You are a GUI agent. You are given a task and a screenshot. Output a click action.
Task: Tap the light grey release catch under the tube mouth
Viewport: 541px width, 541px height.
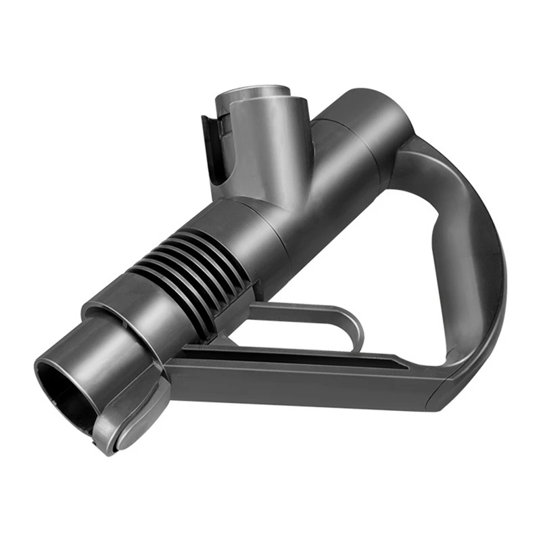pyautogui.click(x=128, y=419)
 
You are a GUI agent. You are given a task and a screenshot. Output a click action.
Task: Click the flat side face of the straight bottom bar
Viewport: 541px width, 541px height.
pyautogui.click(x=304, y=382)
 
